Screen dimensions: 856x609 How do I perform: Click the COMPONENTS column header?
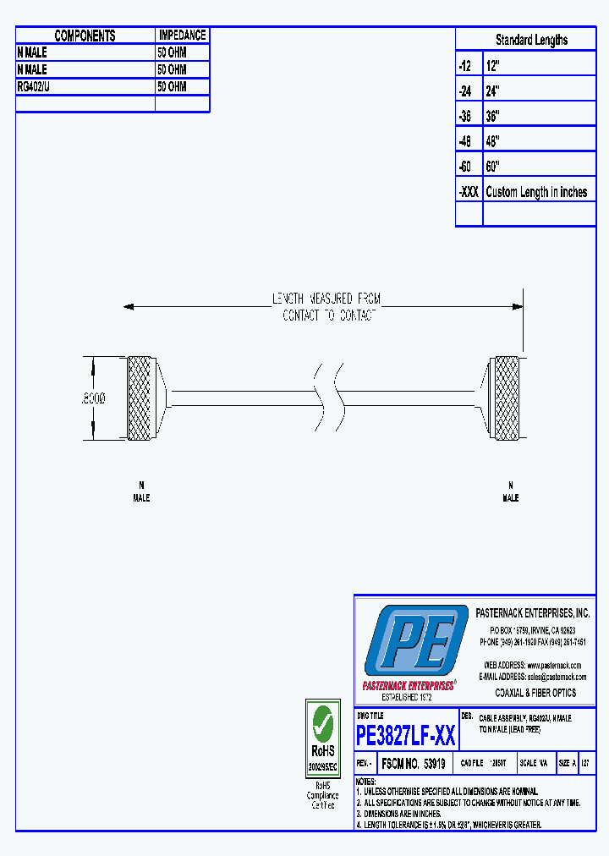[85, 36]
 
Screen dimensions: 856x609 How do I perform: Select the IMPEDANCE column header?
[182, 36]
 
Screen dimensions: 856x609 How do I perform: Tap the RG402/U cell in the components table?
[34, 86]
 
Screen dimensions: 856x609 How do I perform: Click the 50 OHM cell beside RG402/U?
[172, 86]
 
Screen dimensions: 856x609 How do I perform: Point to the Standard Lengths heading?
[531, 40]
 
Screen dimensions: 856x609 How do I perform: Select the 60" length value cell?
[493, 166]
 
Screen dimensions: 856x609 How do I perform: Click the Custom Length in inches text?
[536, 192]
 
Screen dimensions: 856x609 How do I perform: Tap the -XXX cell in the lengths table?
[469, 192]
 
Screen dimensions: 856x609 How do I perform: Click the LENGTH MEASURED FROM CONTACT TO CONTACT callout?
[326, 307]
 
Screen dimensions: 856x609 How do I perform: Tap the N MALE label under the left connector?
[141, 491]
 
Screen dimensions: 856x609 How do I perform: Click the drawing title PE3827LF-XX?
[406, 735]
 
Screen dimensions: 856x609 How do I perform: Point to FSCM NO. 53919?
[414, 763]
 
